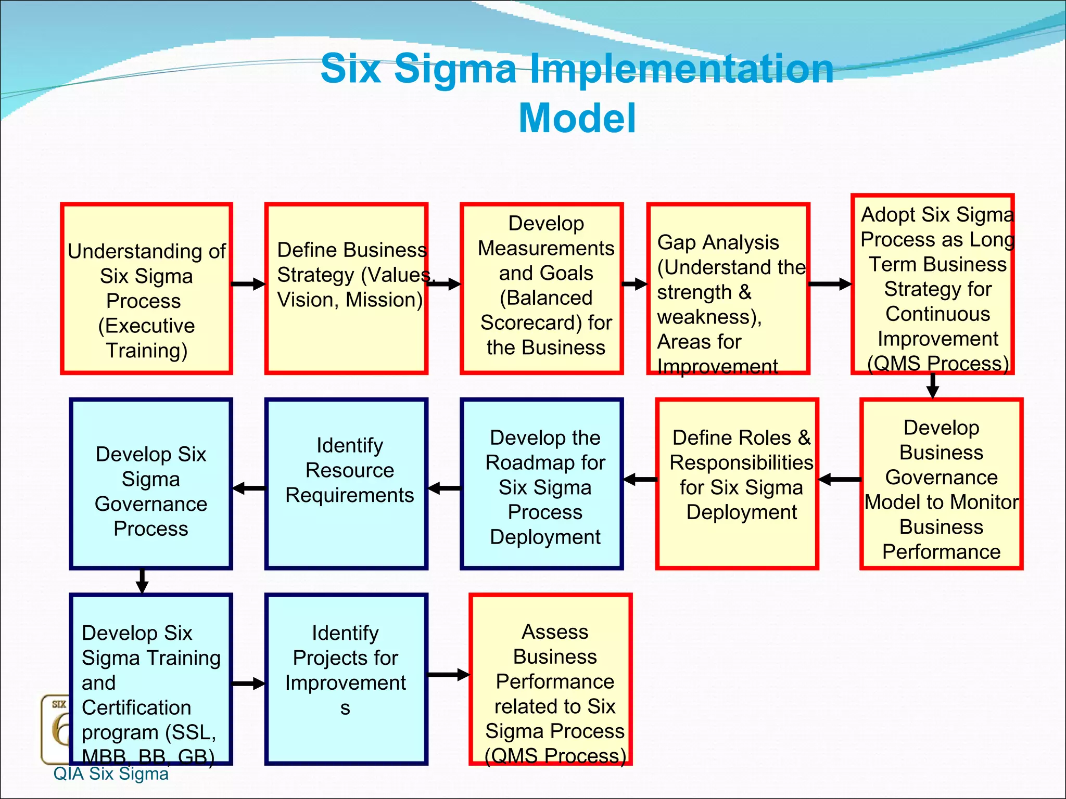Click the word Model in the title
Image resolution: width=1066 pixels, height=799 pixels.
(577, 119)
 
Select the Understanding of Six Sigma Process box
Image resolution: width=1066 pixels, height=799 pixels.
(146, 289)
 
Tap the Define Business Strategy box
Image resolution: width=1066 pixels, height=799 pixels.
(346, 289)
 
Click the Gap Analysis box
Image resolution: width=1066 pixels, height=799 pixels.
(728, 289)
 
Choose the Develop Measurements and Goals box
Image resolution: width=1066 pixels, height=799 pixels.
(541, 289)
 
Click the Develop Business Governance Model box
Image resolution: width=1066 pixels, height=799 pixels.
(941, 484)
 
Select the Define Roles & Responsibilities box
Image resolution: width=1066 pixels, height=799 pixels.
(737, 484)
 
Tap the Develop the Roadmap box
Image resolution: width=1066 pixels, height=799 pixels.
(541, 484)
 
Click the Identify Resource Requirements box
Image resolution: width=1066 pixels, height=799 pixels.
(346, 484)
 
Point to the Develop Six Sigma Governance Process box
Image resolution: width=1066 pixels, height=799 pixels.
(150, 484)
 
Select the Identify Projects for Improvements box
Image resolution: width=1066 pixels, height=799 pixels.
(346, 679)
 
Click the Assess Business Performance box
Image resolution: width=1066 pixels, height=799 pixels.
(550, 679)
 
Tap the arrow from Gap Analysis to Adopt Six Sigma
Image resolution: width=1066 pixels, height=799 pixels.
(830, 284)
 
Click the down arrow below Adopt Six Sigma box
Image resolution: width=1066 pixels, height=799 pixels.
(933, 386)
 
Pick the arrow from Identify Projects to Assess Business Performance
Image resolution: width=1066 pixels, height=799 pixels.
(448, 675)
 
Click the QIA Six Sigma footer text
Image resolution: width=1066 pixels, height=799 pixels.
(111, 774)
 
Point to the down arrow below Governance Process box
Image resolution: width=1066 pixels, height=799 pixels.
(142, 581)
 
